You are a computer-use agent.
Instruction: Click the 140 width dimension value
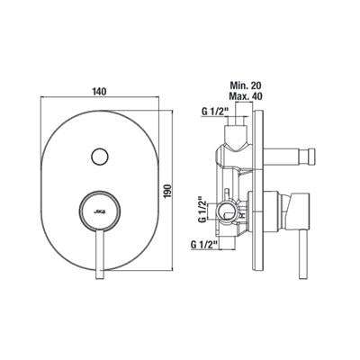click(x=99, y=91)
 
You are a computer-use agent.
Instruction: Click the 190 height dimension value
click(x=168, y=190)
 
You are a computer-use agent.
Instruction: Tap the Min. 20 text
click(x=246, y=85)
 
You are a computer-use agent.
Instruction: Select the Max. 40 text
click(x=246, y=96)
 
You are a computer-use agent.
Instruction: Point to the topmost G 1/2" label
click(x=215, y=112)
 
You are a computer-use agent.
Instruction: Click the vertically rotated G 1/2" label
click(x=202, y=210)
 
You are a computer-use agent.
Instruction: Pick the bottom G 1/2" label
click(x=204, y=245)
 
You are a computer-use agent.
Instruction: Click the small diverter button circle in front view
click(x=100, y=157)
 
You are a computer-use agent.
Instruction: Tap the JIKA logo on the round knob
click(x=100, y=211)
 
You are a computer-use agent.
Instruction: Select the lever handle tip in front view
click(x=100, y=276)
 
